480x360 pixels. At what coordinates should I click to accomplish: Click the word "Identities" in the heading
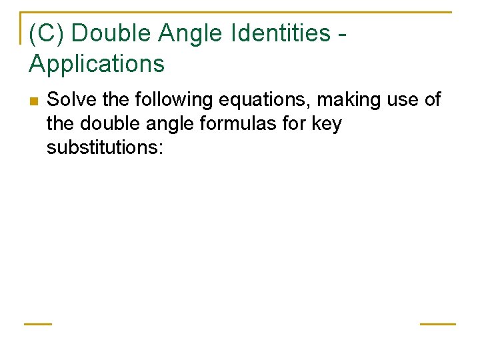(x=273, y=33)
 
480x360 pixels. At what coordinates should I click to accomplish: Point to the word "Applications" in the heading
(x=97, y=64)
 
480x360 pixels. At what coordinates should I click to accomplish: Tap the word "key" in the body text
(x=327, y=123)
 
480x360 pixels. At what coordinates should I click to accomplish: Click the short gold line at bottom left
(x=38, y=324)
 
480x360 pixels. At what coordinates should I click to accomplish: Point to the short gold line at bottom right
(x=437, y=324)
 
